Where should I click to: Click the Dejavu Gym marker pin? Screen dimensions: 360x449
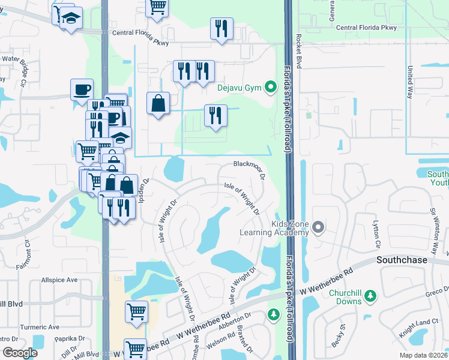(271, 88)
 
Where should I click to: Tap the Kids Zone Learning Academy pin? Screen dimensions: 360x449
(318, 227)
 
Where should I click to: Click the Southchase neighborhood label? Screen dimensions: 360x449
(402, 260)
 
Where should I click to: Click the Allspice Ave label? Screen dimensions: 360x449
(59, 280)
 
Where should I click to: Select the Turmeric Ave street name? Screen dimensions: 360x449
(40, 327)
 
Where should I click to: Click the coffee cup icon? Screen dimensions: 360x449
(82, 90)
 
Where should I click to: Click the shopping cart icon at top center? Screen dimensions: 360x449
(157, 7)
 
